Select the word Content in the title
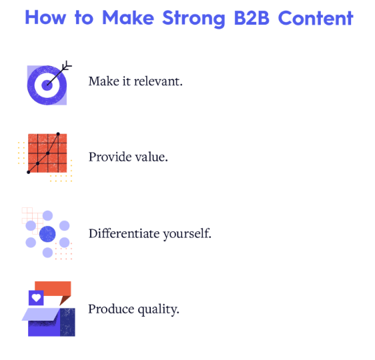315,18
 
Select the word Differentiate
123,234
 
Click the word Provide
109,157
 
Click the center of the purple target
47,85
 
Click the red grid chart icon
47,154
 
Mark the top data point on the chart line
58,135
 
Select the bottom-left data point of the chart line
29,172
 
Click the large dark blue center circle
47,234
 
